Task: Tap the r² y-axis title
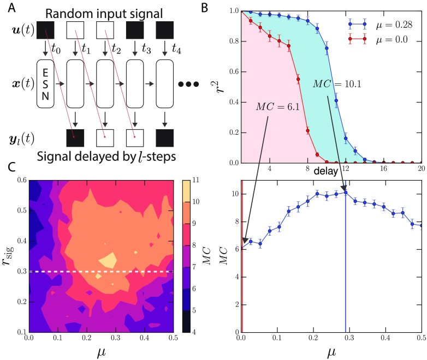pos(227,85)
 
